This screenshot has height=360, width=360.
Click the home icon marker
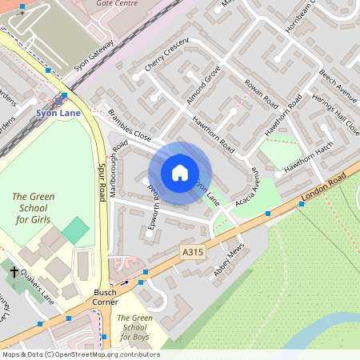[x=180, y=173]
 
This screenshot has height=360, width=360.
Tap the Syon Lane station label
[x=59, y=114]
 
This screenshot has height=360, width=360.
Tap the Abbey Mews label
[x=227, y=262]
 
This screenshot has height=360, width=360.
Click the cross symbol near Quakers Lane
[x=14, y=272]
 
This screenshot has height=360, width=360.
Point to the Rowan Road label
[x=260, y=94]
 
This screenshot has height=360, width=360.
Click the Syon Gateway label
[x=94, y=54]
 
